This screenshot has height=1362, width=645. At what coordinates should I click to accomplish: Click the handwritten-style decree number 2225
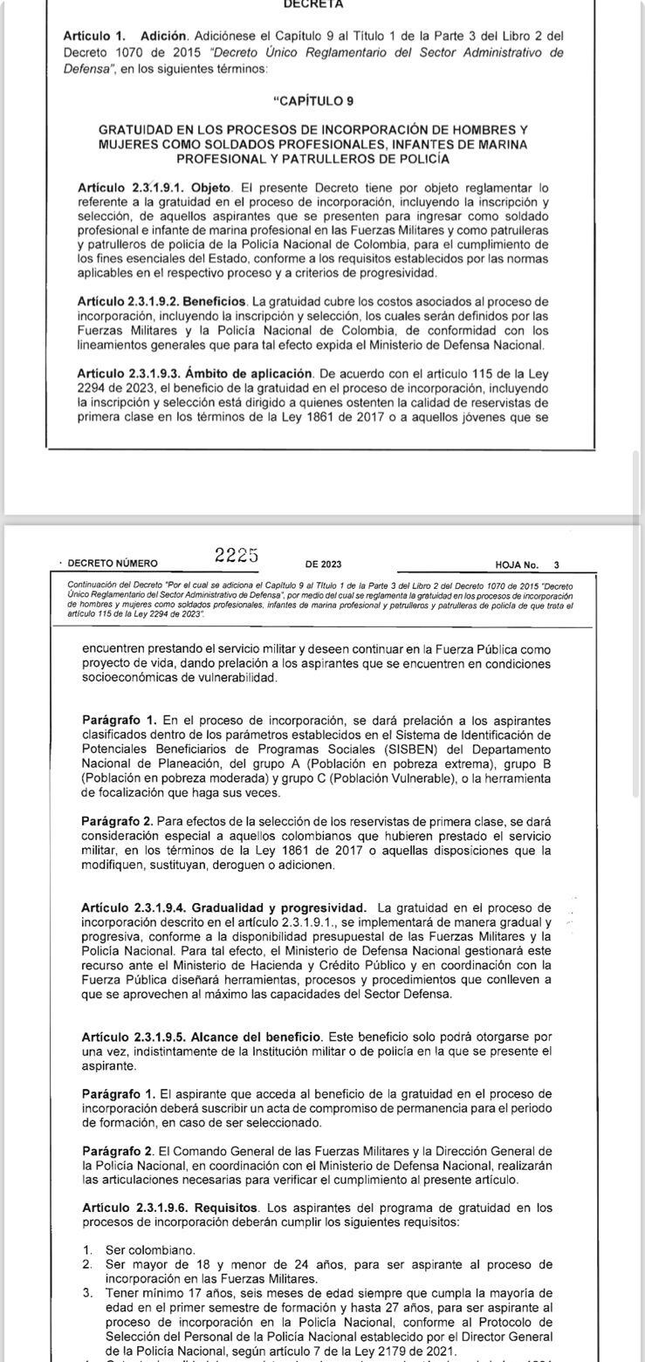tap(237, 556)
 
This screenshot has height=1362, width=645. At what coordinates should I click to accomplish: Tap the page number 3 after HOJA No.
tap(557, 565)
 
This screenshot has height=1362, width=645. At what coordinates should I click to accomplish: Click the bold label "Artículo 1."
tap(94, 36)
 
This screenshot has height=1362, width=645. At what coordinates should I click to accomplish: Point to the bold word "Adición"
tap(163, 36)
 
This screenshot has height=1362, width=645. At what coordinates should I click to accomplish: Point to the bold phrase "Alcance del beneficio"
tap(253, 1037)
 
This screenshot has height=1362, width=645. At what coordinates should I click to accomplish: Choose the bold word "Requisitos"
tap(227, 1208)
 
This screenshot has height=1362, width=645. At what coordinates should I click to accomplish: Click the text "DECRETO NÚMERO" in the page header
tap(113, 565)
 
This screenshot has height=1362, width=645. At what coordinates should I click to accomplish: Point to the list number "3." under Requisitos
tap(87, 1292)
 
